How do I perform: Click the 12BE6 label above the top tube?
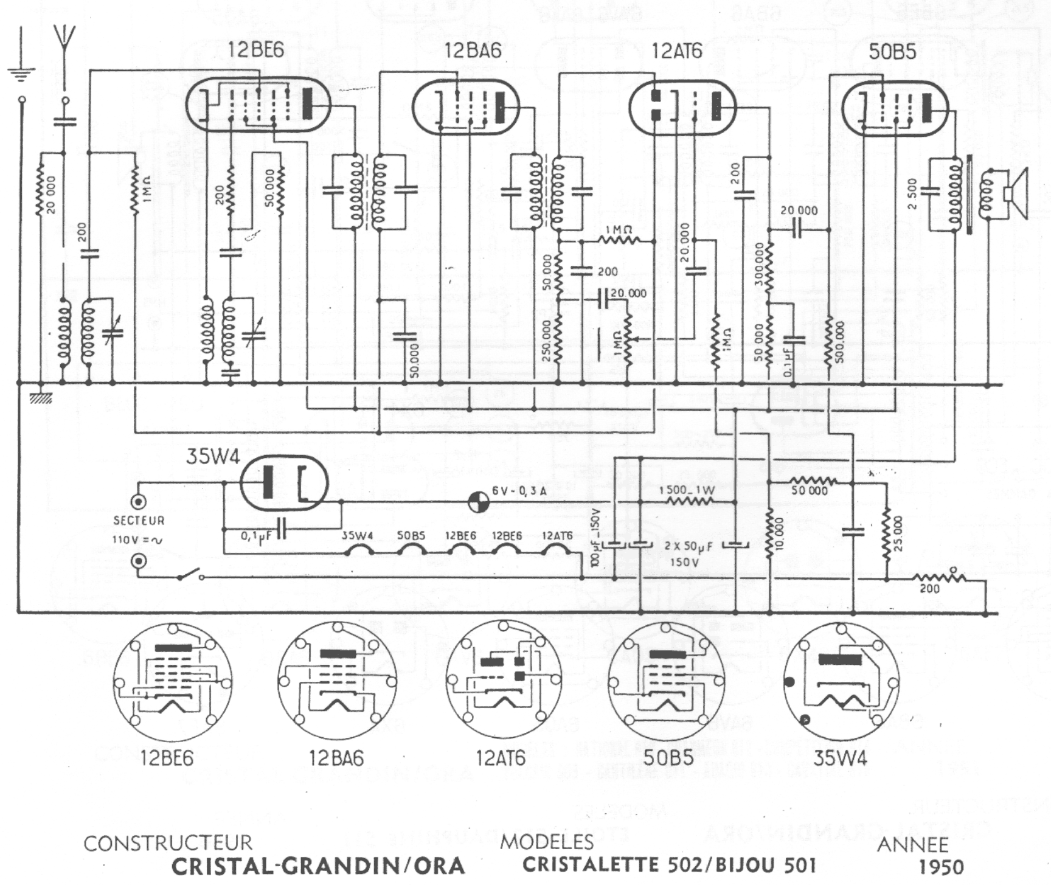tap(255, 50)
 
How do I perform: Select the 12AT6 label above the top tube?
tap(676, 51)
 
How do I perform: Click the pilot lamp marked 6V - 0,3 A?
tap(479, 502)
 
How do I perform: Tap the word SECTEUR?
tap(139, 521)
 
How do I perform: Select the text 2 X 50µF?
tap(688, 547)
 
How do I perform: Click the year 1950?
tap(941, 867)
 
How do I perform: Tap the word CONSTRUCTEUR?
tap(167, 843)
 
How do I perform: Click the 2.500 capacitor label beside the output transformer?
tap(912, 193)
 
